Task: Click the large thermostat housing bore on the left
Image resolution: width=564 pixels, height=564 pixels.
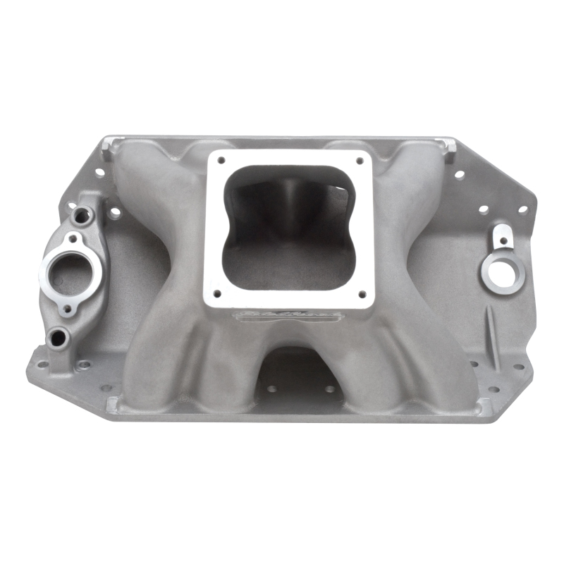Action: (70, 272)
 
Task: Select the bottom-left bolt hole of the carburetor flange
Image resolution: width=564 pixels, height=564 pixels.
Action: (217, 293)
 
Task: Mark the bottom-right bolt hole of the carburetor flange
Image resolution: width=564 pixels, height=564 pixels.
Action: (362, 293)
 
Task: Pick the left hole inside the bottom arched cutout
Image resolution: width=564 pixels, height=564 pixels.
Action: (272, 388)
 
